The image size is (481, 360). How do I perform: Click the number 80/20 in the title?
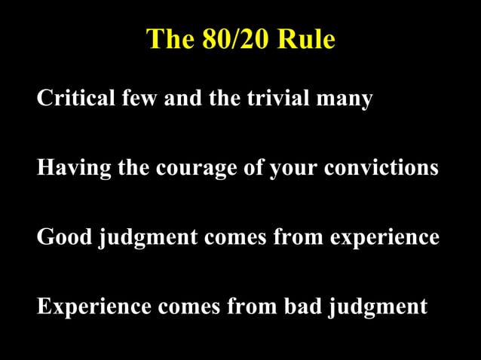tap(235, 39)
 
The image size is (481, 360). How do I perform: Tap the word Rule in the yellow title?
tap(305, 39)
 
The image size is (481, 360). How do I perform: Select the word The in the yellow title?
tap(170, 39)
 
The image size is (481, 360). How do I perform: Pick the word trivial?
tap(278, 98)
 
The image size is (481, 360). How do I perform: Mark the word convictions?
tap(381, 167)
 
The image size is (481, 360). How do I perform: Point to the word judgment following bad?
tap(378, 308)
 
